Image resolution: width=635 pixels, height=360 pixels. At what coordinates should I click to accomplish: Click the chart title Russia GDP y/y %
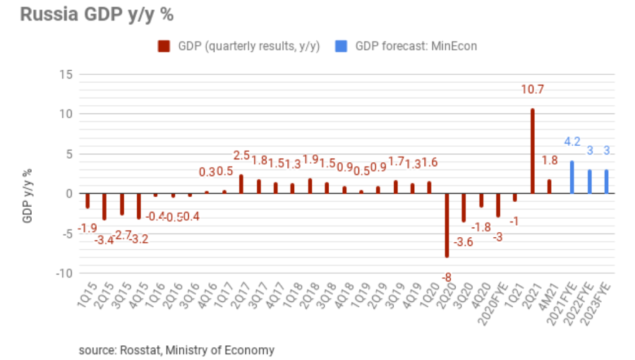pyautogui.click(x=97, y=15)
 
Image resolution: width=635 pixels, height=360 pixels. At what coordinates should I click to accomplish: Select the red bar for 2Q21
pyautogui.click(x=533, y=151)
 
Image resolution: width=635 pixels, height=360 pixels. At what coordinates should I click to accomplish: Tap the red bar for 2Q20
pyautogui.click(x=447, y=224)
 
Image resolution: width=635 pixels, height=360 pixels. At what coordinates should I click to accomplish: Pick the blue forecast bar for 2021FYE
pyautogui.click(x=571, y=177)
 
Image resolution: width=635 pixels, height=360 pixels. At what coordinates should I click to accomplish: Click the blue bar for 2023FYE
pyautogui.click(x=606, y=181)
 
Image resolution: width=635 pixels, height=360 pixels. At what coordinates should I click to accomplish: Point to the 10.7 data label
pyautogui.click(x=533, y=90)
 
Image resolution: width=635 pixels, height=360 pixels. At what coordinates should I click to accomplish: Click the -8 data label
pyautogui.click(x=447, y=278)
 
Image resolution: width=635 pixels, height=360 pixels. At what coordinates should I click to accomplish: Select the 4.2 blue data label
pyautogui.click(x=571, y=141)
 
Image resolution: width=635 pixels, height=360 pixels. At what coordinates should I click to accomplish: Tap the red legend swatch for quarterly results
pyautogui.click(x=164, y=47)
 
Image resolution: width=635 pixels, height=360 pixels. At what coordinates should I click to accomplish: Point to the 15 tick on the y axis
pyautogui.click(x=66, y=74)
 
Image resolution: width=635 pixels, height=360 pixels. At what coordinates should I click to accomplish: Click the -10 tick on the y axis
pyautogui.click(x=64, y=273)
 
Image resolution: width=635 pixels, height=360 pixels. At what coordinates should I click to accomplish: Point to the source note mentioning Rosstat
pyautogui.click(x=176, y=349)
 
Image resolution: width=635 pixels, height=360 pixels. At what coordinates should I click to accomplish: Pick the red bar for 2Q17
pyautogui.click(x=241, y=184)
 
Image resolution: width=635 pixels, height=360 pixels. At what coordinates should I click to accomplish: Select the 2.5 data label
pyautogui.click(x=241, y=155)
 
